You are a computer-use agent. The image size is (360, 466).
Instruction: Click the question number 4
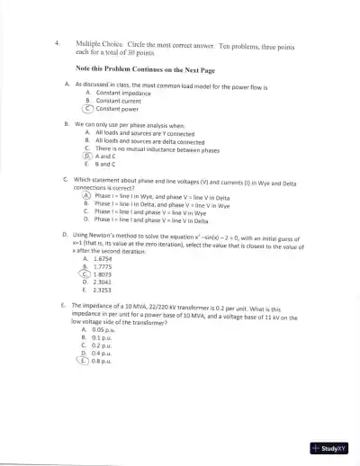57,42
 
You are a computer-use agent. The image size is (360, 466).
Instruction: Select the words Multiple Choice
98,43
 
